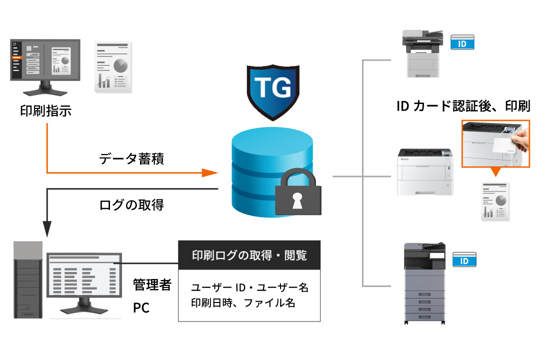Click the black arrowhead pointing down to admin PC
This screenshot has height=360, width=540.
(x=47, y=228)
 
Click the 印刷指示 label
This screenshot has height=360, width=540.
(x=45, y=111)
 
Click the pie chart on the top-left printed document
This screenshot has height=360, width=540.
(x=120, y=65)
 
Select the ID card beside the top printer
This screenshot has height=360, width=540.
(x=462, y=43)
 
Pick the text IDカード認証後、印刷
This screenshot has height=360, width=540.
(x=462, y=106)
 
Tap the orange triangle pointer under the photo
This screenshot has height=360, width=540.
(x=495, y=171)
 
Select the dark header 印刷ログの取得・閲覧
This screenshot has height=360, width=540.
(x=249, y=255)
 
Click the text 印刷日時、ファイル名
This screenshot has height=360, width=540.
(x=243, y=302)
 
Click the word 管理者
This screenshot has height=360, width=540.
(x=152, y=285)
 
